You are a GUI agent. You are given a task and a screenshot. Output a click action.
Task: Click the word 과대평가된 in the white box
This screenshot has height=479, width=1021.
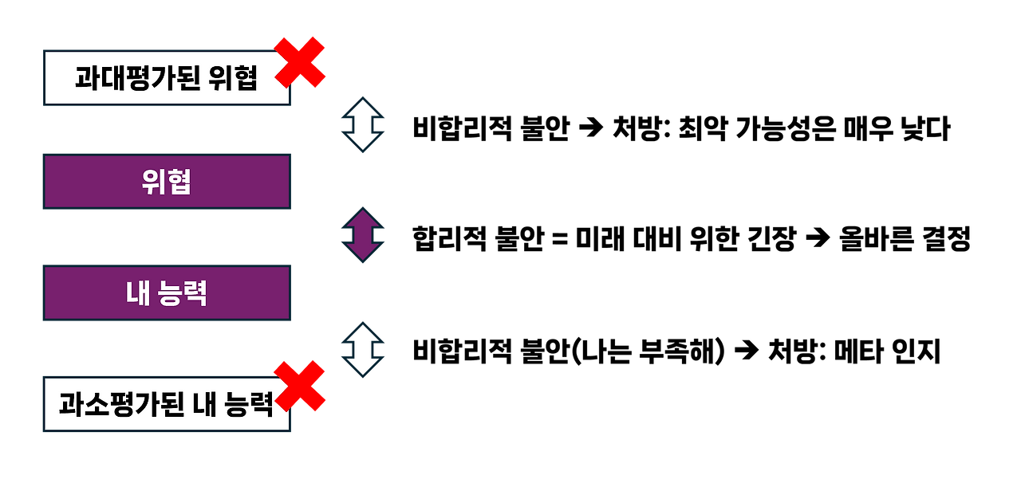click(x=137, y=78)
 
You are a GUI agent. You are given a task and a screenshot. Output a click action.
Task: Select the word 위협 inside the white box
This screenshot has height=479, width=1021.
click(x=233, y=78)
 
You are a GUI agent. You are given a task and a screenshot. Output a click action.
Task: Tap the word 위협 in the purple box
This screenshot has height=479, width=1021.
click(x=166, y=183)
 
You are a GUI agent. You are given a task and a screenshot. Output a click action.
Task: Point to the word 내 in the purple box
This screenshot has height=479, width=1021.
click(x=135, y=293)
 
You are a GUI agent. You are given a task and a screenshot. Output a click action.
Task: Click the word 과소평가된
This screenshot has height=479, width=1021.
click(x=121, y=404)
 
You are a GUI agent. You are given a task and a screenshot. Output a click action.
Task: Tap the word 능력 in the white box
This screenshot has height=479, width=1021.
click(x=247, y=404)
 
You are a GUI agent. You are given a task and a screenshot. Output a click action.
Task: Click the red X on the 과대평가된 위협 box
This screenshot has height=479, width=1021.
click(x=301, y=61)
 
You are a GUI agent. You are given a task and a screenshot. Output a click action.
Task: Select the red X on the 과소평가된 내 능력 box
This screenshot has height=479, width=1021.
click(x=300, y=386)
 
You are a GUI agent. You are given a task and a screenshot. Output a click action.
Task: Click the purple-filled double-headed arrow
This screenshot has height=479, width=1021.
click(x=363, y=235)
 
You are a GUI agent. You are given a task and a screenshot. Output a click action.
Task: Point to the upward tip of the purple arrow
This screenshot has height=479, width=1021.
click(x=363, y=210)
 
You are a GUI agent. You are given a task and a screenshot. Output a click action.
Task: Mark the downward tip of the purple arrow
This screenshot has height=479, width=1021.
click(x=363, y=261)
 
